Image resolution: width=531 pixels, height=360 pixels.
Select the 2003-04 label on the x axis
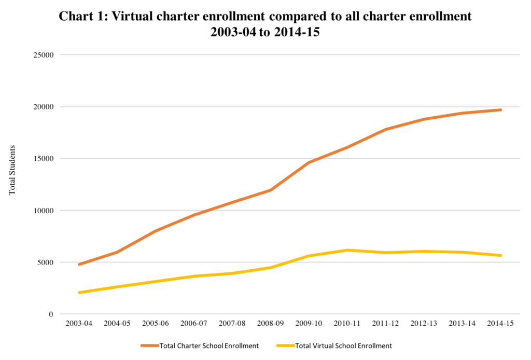79,323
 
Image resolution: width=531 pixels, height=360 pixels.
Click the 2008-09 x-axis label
271,323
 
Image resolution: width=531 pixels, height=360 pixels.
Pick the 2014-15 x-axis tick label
500,323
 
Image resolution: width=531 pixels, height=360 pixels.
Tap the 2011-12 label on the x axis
385,323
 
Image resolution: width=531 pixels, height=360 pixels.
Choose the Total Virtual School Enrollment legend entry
343,345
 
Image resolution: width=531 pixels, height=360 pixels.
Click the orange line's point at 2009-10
309,162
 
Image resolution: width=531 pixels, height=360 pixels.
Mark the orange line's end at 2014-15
500,110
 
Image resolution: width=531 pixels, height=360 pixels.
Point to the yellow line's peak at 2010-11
347,250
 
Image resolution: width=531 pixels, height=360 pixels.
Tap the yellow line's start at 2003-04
79,293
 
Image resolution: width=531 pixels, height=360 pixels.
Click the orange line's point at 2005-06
156,231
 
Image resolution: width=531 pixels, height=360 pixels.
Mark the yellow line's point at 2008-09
271,268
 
